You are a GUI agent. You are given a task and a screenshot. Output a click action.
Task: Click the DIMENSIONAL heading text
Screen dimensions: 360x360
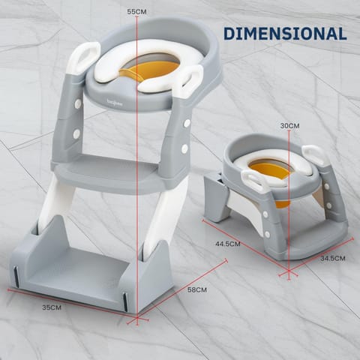pyautogui.click(x=284, y=34)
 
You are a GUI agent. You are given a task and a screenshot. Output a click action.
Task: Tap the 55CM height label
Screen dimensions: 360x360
pyautogui.click(x=136, y=12)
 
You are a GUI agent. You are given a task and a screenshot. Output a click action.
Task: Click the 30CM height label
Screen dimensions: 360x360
pyautogui.click(x=289, y=125)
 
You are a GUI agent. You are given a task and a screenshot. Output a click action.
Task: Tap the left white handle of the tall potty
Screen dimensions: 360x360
pyautogui.click(x=83, y=58)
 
